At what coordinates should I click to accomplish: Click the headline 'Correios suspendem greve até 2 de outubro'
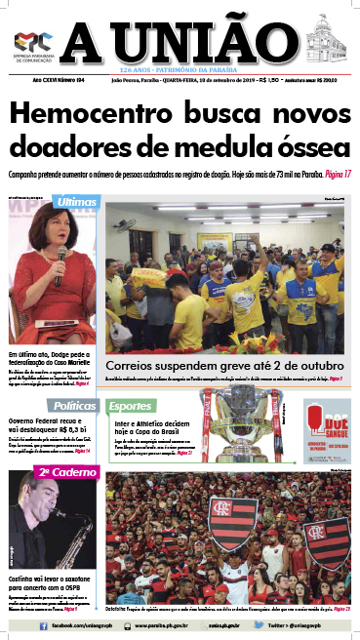(213, 367)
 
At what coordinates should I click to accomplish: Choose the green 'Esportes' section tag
(130, 405)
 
